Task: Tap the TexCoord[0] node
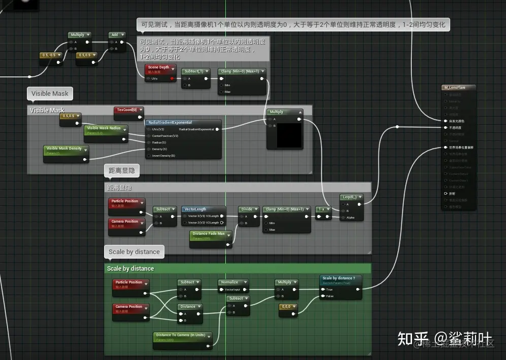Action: tap(128, 110)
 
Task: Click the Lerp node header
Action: tap(352, 197)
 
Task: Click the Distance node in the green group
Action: tap(189, 306)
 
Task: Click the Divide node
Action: tap(248, 209)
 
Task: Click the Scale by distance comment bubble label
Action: tap(134, 251)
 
